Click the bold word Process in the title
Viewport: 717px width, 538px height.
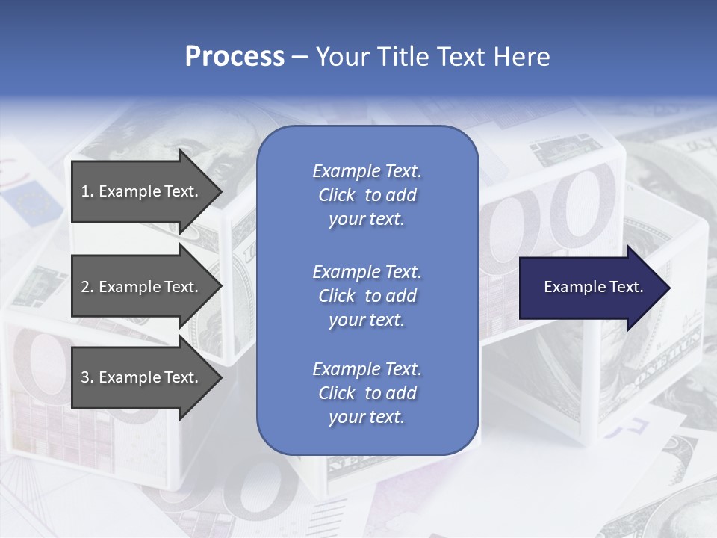(x=235, y=57)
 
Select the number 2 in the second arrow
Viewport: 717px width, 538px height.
(x=86, y=287)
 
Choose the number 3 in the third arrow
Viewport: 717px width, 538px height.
(x=86, y=377)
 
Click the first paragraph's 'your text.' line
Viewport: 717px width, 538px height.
(x=367, y=220)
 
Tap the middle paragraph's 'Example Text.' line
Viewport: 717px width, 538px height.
(x=367, y=272)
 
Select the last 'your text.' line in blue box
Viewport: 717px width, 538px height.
(x=367, y=418)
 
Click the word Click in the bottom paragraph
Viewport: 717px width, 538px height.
(x=337, y=393)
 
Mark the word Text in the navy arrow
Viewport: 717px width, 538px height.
(x=626, y=287)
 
